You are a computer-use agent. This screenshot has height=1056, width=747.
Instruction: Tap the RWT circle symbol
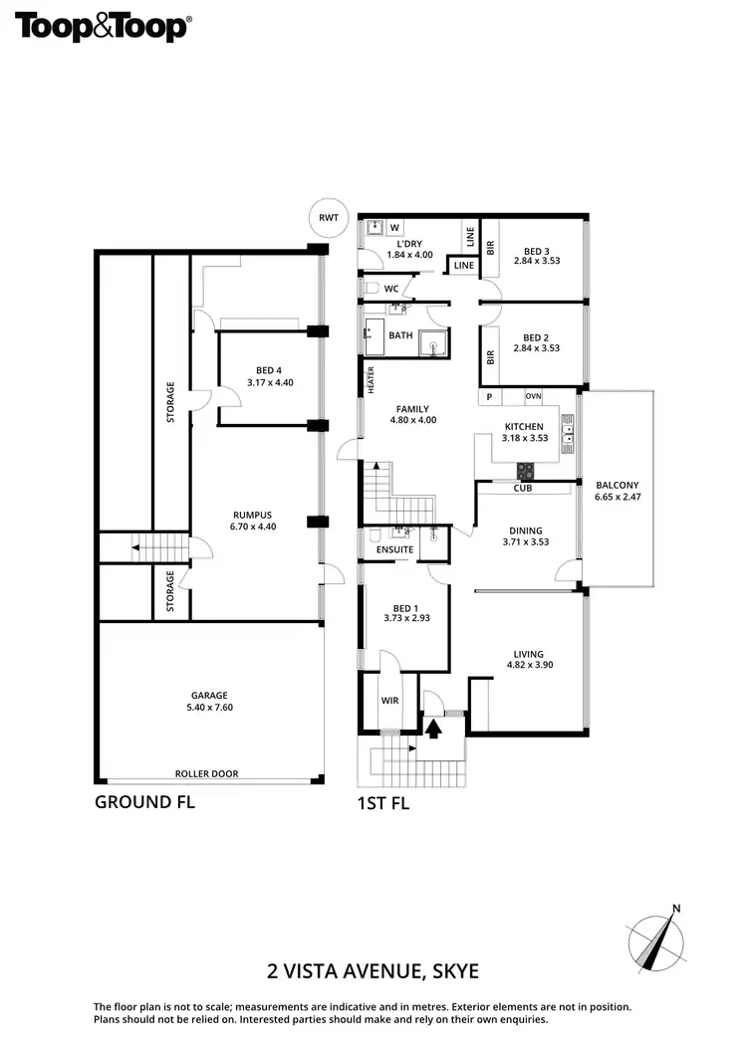pos(328,217)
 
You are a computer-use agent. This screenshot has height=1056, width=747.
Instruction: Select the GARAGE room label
pos(210,696)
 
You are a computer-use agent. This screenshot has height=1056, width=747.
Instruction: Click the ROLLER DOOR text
pos(207,773)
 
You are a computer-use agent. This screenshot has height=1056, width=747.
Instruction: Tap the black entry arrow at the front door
pos(433,727)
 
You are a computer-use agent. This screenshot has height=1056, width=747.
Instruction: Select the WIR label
pos(388,701)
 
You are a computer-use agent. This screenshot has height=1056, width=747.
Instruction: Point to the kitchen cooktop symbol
pos(525,470)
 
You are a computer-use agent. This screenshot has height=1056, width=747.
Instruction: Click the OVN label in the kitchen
pos(534,396)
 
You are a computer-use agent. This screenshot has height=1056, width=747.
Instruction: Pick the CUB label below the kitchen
pos(522,489)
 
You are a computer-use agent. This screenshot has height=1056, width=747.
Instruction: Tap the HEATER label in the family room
pos(371,380)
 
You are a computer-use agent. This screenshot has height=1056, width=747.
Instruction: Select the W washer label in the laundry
pos(394,227)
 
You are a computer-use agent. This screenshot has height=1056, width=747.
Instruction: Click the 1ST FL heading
pos(382,803)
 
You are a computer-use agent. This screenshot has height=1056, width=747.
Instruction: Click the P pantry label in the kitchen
pos(489,396)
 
